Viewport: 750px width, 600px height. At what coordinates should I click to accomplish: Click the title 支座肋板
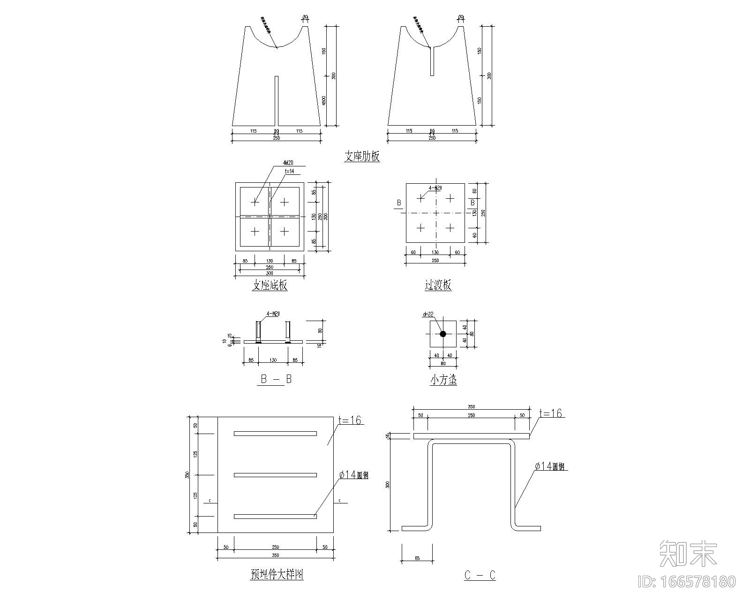[362, 157]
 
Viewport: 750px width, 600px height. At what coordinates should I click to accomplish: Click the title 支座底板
[270, 285]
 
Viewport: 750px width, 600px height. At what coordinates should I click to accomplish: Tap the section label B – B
[276, 379]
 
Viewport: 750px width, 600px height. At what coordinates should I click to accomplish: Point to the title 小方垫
[443, 380]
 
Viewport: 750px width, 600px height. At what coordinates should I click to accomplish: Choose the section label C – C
[480, 575]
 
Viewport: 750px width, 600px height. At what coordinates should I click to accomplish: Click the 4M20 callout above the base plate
[288, 163]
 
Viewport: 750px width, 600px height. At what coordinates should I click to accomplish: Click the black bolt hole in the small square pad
[442, 334]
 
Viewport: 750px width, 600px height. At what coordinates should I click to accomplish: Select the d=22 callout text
[428, 315]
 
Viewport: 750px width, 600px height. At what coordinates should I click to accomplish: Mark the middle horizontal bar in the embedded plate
[275, 475]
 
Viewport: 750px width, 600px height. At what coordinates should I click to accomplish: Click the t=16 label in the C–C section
[550, 413]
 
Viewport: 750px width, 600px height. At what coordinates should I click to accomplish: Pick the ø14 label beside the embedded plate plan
[353, 475]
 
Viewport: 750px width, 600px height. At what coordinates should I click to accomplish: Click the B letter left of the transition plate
[399, 202]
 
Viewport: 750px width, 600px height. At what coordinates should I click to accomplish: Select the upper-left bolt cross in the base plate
[255, 202]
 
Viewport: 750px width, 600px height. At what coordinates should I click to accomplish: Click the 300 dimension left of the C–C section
[387, 484]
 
